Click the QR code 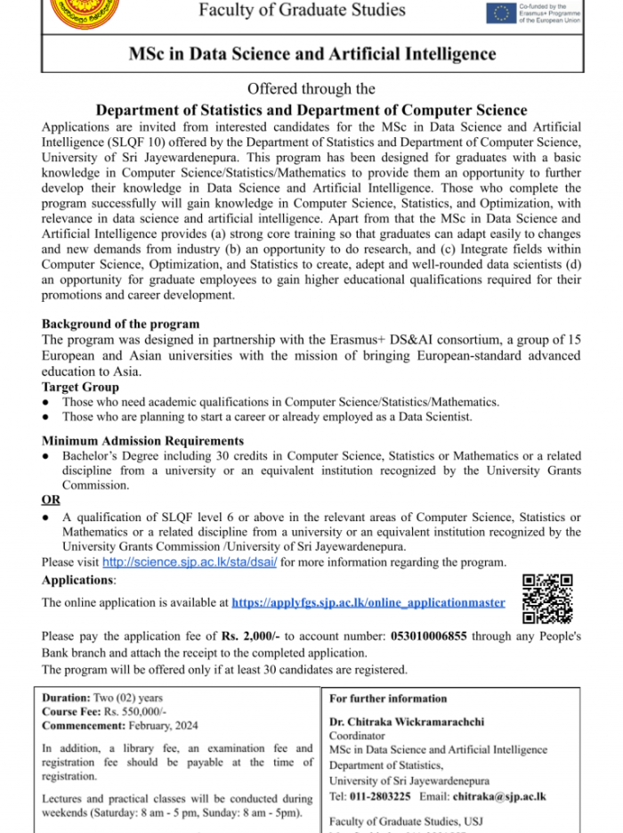(x=547, y=599)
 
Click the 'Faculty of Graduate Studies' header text (x=302, y=11)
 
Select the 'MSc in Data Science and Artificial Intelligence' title (x=311, y=54)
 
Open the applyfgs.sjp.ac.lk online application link (x=368, y=602)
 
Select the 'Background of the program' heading (x=120, y=323)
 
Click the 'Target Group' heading (x=80, y=388)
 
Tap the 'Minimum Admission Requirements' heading (x=142, y=441)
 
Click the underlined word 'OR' (x=51, y=500)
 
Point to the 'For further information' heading (x=388, y=698)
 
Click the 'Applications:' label (x=78, y=580)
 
